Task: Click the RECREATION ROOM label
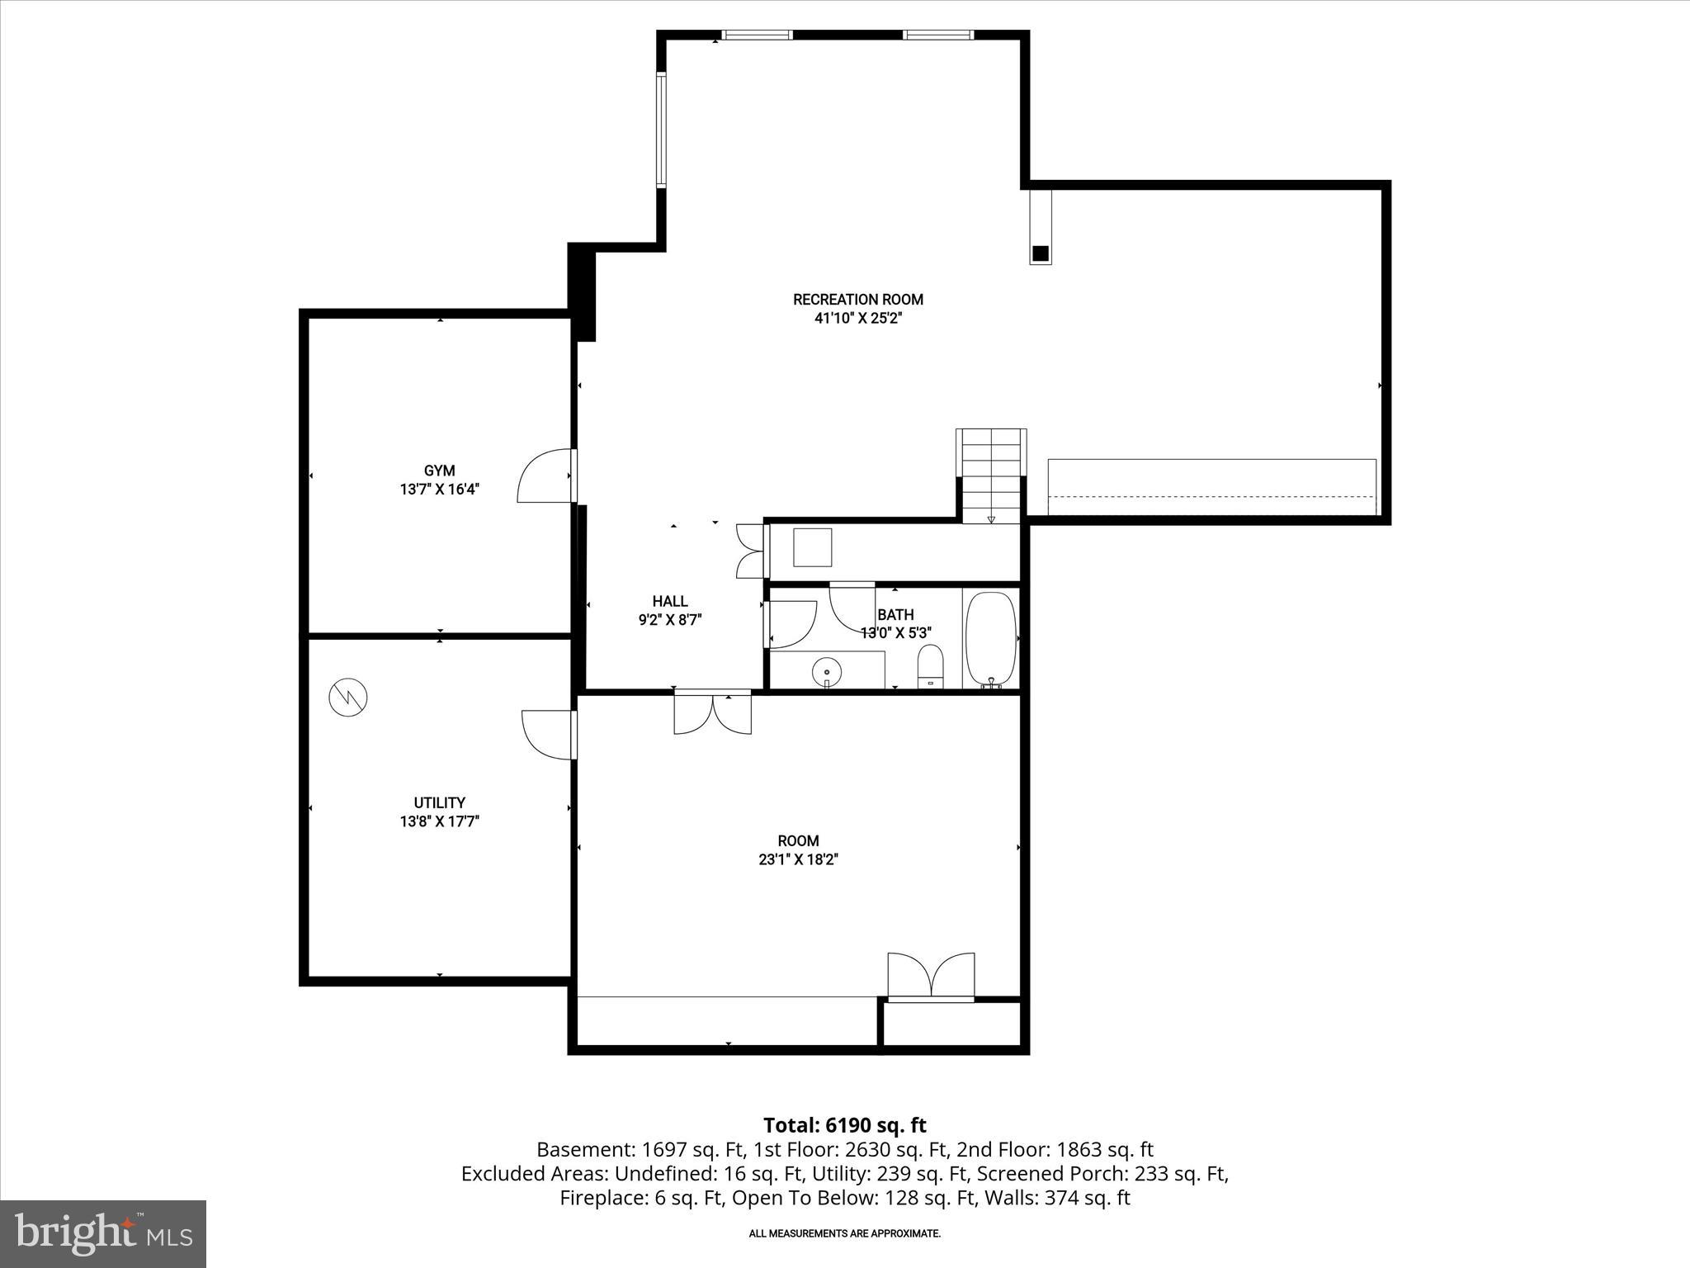(x=857, y=300)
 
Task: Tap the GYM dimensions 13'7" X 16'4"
(x=439, y=490)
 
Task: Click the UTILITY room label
(x=439, y=802)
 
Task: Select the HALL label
(x=669, y=601)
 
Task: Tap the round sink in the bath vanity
(x=826, y=672)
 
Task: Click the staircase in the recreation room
(x=991, y=475)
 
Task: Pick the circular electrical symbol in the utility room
(x=347, y=698)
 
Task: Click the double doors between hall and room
(x=712, y=713)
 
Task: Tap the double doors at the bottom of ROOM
(x=931, y=977)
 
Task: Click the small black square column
(x=1041, y=253)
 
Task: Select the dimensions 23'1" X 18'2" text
(x=798, y=859)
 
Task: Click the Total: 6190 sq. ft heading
(x=844, y=1125)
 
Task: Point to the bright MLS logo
(x=103, y=1233)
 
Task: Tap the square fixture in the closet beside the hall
(x=812, y=547)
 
